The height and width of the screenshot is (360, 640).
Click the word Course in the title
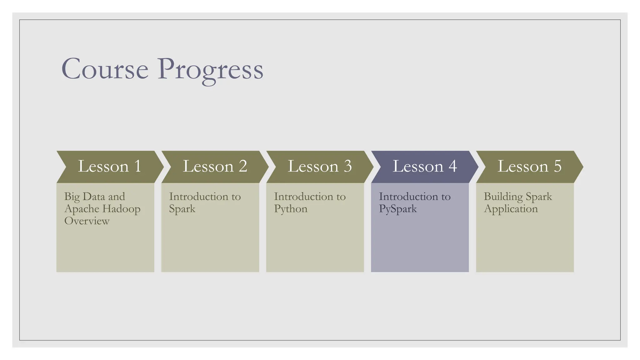pyautogui.click(x=105, y=69)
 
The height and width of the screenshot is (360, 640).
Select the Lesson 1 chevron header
pyautogui.click(x=109, y=167)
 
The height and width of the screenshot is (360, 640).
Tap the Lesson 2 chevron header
pyautogui.click(x=215, y=167)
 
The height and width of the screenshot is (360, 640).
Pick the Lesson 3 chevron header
pyautogui.click(x=319, y=167)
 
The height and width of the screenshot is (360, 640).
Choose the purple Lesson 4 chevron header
pyautogui.click(x=424, y=167)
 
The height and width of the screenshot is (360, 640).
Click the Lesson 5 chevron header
pyautogui.click(x=529, y=167)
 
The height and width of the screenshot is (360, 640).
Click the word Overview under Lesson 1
pyautogui.click(x=87, y=221)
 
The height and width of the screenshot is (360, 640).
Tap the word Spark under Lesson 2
pyautogui.click(x=182, y=209)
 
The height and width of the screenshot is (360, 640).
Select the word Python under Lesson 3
pyautogui.click(x=291, y=209)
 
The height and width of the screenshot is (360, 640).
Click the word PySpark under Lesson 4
pyautogui.click(x=398, y=209)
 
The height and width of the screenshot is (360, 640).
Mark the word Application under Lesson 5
pyautogui.click(x=511, y=209)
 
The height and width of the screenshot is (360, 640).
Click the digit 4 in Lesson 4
pyautogui.click(x=453, y=166)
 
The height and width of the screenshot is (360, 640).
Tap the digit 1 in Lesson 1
pyautogui.click(x=138, y=166)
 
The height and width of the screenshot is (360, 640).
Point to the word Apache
pyautogui.click(x=82, y=209)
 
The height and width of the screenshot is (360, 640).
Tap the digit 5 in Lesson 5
pyautogui.click(x=557, y=166)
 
